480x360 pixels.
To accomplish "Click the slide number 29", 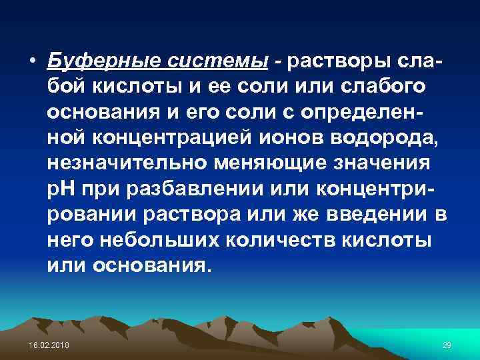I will point(447,344).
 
